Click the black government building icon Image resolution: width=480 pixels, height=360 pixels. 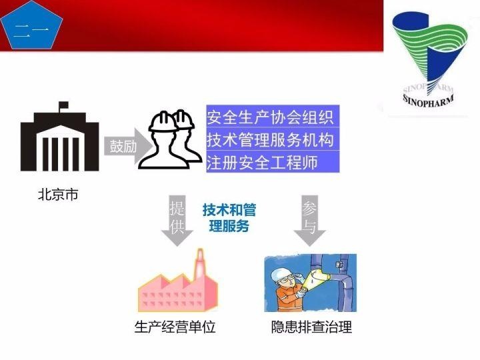pos(59,143)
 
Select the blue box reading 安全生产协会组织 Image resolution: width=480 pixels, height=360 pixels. pos(272,118)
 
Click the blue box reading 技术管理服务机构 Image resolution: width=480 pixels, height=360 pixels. pos(272,140)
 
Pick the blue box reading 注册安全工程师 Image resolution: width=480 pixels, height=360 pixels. pos(272,162)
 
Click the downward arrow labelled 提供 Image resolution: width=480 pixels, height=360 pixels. pos(177,221)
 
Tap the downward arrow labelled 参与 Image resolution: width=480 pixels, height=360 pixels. pos(309,221)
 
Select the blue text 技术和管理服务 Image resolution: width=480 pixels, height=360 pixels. pos(229,218)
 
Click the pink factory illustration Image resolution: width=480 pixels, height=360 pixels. pos(176,287)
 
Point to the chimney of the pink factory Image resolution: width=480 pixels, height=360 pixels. pos(198,263)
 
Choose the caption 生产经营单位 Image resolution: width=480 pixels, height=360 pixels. pos(175,327)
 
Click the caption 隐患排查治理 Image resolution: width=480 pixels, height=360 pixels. pos(311,327)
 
